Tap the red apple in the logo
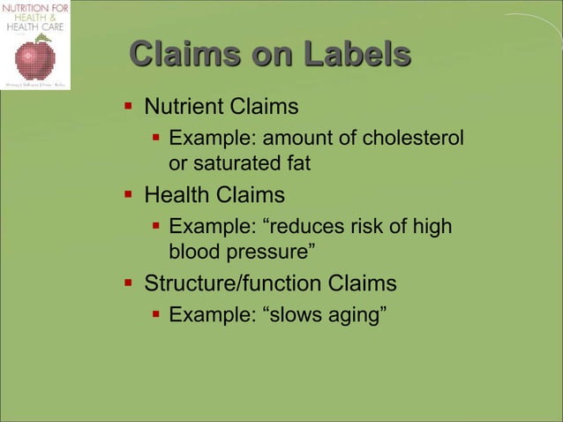pos(35,59)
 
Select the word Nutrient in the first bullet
pos(183,108)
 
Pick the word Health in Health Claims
pos(176,194)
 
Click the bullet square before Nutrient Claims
pos(129,108)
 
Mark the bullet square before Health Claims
pos(129,194)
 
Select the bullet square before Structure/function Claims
pos(129,283)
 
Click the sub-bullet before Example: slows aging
pos(154,314)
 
